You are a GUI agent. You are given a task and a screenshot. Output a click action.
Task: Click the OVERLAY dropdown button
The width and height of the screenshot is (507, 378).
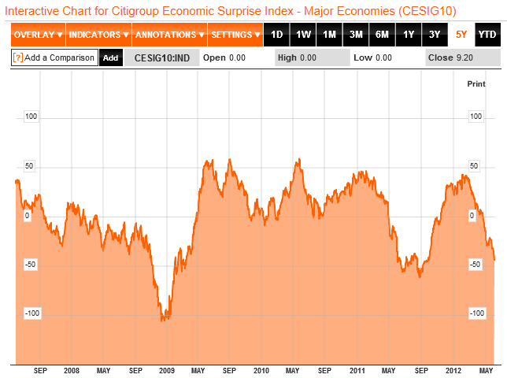(x=38, y=35)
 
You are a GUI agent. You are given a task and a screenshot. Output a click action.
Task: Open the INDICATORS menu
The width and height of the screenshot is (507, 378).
(x=98, y=35)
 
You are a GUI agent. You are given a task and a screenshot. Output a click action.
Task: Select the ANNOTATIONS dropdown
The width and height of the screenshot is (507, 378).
(x=168, y=35)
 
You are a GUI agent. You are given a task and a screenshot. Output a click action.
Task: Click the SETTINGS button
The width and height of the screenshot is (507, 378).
(x=236, y=35)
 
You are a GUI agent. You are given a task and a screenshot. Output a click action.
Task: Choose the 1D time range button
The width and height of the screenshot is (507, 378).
(x=276, y=35)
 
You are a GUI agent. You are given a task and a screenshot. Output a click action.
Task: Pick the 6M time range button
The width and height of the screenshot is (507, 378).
(x=382, y=35)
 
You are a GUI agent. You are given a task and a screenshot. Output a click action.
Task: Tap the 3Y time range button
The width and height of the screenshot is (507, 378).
(x=435, y=35)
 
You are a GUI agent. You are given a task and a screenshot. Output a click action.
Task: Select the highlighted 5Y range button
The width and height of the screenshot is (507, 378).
(x=461, y=35)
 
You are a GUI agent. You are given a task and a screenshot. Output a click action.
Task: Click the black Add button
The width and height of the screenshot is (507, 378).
(x=111, y=57)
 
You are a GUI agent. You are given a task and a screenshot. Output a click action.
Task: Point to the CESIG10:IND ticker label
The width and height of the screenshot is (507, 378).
(x=160, y=57)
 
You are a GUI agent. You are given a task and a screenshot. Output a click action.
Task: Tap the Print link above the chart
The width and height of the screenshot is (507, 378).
(x=476, y=83)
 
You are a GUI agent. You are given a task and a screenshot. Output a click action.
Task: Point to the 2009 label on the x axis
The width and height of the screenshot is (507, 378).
(x=167, y=370)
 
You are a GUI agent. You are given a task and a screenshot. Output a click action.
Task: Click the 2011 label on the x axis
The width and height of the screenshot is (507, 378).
(x=357, y=370)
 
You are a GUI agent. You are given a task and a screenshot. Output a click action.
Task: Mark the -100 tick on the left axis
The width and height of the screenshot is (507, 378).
(x=32, y=313)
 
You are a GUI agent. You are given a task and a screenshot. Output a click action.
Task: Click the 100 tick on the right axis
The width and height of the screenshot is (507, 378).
(x=475, y=117)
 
